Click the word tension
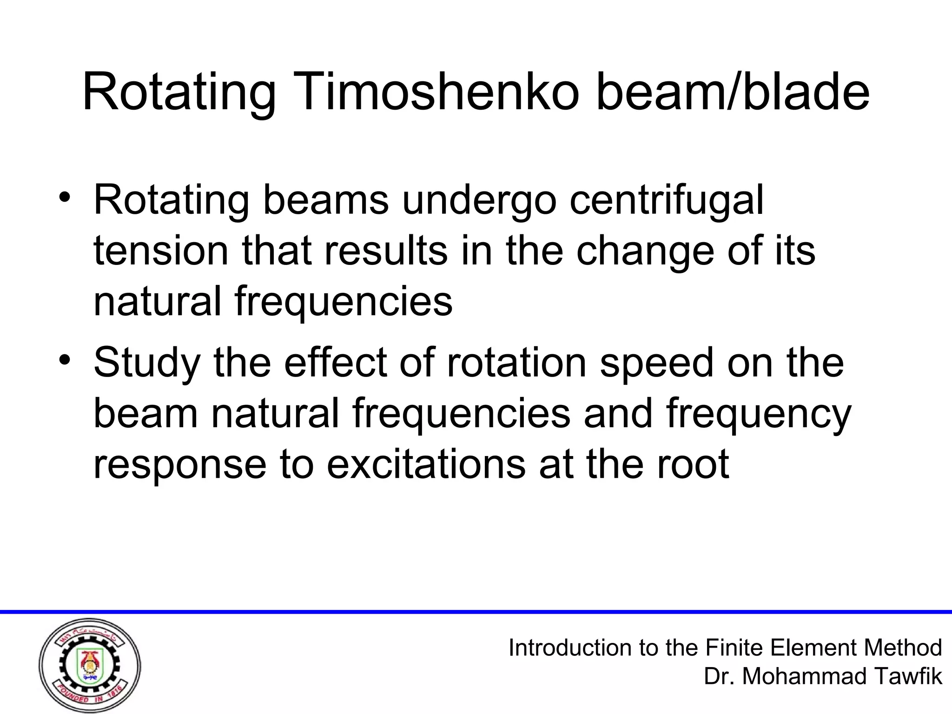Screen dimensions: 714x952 tap(161, 251)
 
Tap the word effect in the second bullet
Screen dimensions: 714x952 tap(335, 363)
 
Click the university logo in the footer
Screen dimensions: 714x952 tap(90, 665)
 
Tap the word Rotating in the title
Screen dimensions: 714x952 tap(178, 93)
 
